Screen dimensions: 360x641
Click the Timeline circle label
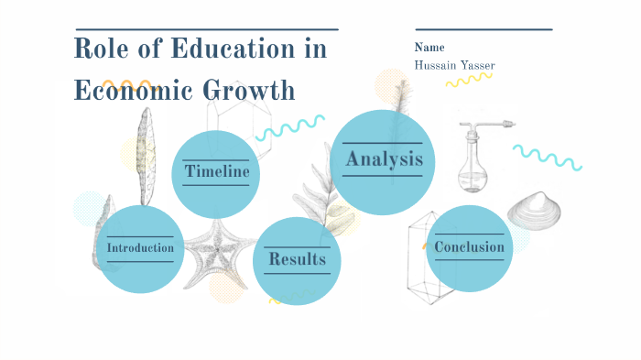click(216, 171)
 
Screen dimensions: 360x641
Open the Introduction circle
click(140, 248)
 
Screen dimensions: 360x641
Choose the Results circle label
click(297, 259)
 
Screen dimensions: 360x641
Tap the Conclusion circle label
click(469, 247)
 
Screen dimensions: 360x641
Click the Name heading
click(429, 48)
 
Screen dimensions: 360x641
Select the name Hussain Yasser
click(454, 65)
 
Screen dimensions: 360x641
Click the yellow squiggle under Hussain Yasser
click(469, 81)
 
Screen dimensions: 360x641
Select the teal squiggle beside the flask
click(547, 157)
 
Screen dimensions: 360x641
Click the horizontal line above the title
click(206, 29)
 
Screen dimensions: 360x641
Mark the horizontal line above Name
click(483, 29)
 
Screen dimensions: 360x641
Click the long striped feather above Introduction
click(144, 156)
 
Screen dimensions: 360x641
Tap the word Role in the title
click(102, 49)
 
